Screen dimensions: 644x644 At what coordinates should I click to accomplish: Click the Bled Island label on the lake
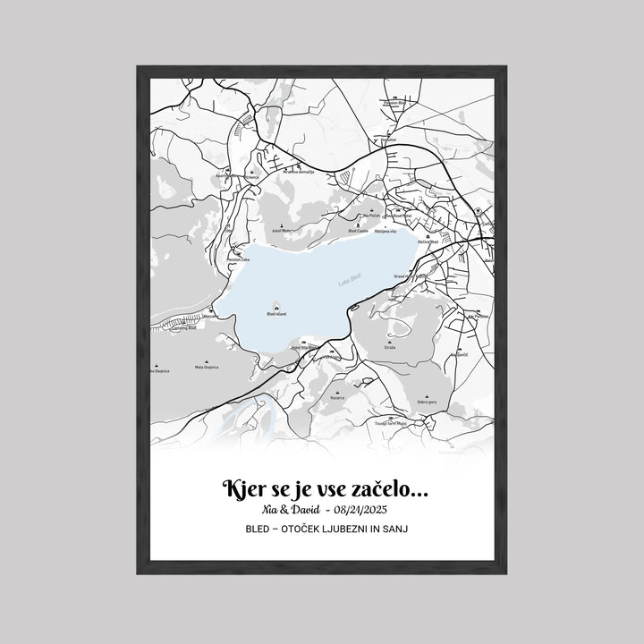click(x=277, y=315)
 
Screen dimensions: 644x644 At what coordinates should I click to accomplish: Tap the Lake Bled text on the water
click(x=348, y=282)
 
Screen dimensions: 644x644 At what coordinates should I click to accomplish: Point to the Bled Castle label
click(x=357, y=230)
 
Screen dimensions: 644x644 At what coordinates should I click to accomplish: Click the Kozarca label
click(x=339, y=397)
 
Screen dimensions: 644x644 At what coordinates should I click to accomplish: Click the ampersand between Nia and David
click(x=284, y=510)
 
